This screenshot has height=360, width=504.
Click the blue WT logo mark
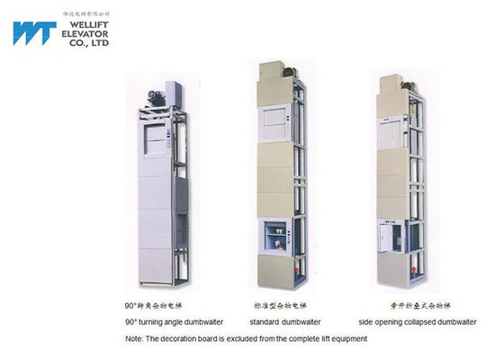(x=34, y=33)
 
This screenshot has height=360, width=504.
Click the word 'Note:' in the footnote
(x=134, y=338)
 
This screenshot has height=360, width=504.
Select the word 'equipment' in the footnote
(x=346, y=338)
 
